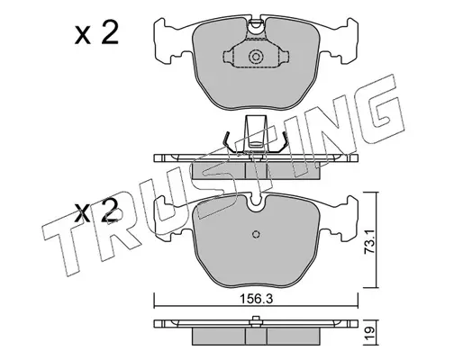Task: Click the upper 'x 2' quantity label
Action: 96,34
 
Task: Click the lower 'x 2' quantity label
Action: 96,211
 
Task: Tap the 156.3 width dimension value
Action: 256,299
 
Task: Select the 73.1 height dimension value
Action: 369,242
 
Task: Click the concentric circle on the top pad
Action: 256,57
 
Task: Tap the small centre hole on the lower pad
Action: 256,234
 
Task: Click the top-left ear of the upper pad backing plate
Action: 159,25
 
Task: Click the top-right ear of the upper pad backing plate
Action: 352,25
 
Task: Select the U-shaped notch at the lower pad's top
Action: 256,202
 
